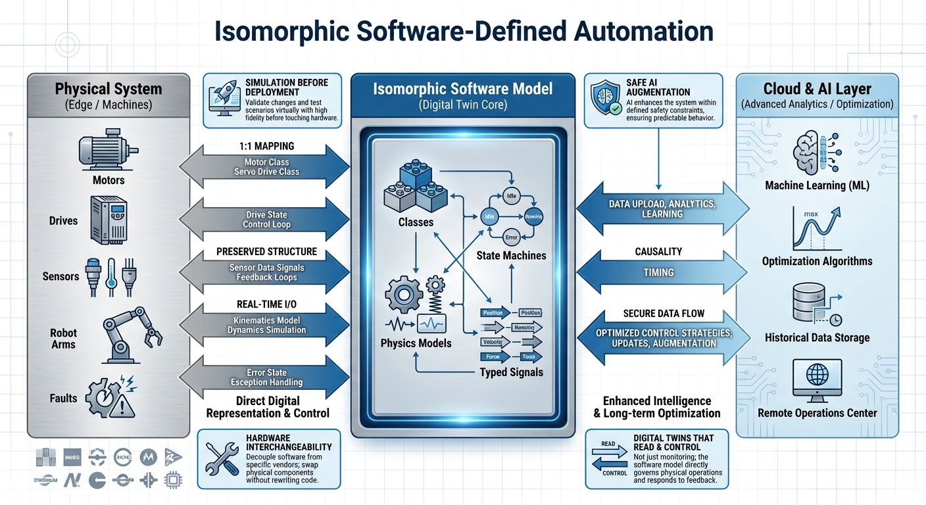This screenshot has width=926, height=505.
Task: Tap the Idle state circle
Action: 510,195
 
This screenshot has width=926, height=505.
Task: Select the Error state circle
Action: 510,237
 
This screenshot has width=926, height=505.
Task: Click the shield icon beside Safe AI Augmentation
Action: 604,97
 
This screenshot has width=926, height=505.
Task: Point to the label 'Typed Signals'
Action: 511,372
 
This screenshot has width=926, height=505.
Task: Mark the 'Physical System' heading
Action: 109,89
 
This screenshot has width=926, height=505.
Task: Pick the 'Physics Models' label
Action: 416,343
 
